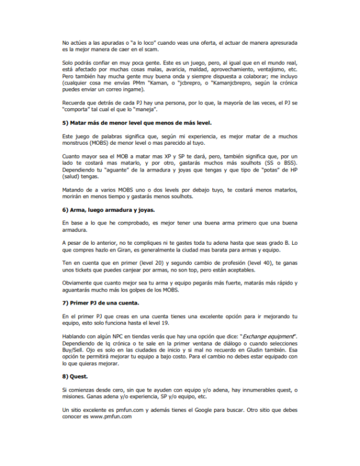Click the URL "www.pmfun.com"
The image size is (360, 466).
110,418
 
